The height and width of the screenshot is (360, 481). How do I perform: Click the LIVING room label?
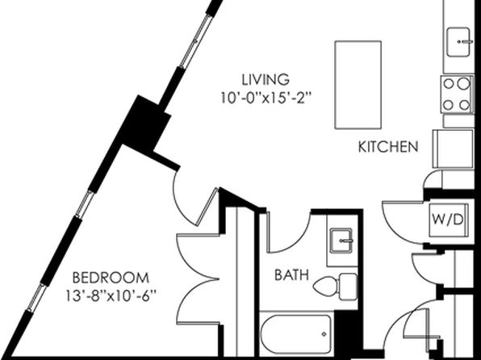266,79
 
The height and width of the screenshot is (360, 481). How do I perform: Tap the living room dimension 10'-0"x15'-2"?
266,98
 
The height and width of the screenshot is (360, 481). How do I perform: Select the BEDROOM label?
111,278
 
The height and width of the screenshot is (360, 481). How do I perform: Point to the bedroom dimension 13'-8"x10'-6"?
111,296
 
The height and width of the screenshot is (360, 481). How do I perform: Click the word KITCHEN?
388,147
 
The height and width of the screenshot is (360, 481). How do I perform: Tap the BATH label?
291,274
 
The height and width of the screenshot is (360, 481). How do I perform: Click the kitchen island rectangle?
358,85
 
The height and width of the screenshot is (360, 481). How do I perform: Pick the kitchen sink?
458,42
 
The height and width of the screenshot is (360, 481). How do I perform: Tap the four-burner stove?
457,94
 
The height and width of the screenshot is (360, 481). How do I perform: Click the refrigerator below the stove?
453,149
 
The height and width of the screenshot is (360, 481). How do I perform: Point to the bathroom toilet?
335,287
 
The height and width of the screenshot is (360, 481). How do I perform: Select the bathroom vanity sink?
341,241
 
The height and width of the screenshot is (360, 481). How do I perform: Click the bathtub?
296,334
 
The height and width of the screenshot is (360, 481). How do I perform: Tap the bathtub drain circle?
324,334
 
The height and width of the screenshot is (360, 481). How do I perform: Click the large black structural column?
144,123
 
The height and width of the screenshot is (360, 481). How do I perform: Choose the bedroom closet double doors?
198,279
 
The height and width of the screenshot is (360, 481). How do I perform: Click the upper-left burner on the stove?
449,83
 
